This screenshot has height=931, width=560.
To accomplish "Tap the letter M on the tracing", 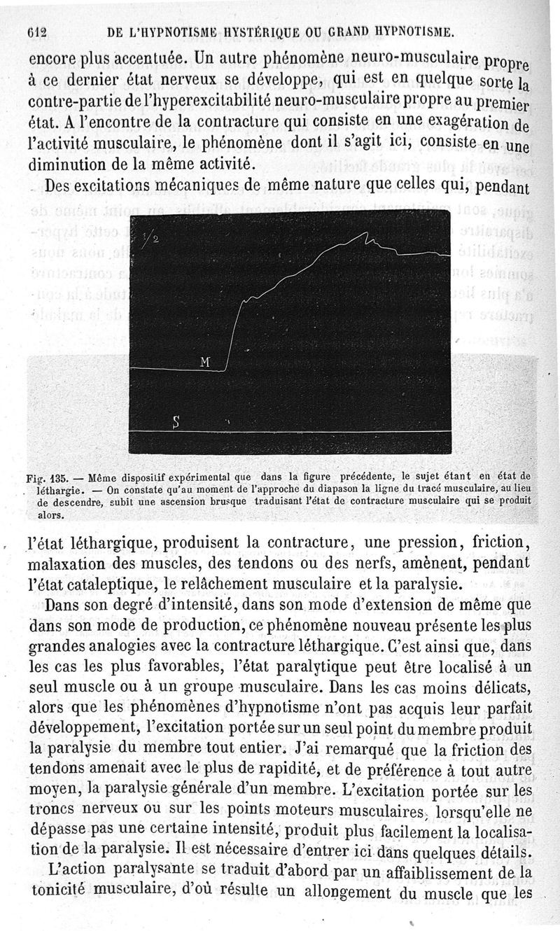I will (x=205, y=361).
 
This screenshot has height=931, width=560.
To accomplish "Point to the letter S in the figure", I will (x=176, y=421).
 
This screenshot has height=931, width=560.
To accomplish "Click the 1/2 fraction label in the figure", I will (x=149, y=239).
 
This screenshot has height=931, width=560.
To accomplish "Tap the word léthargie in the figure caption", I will (x=60, y=491).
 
